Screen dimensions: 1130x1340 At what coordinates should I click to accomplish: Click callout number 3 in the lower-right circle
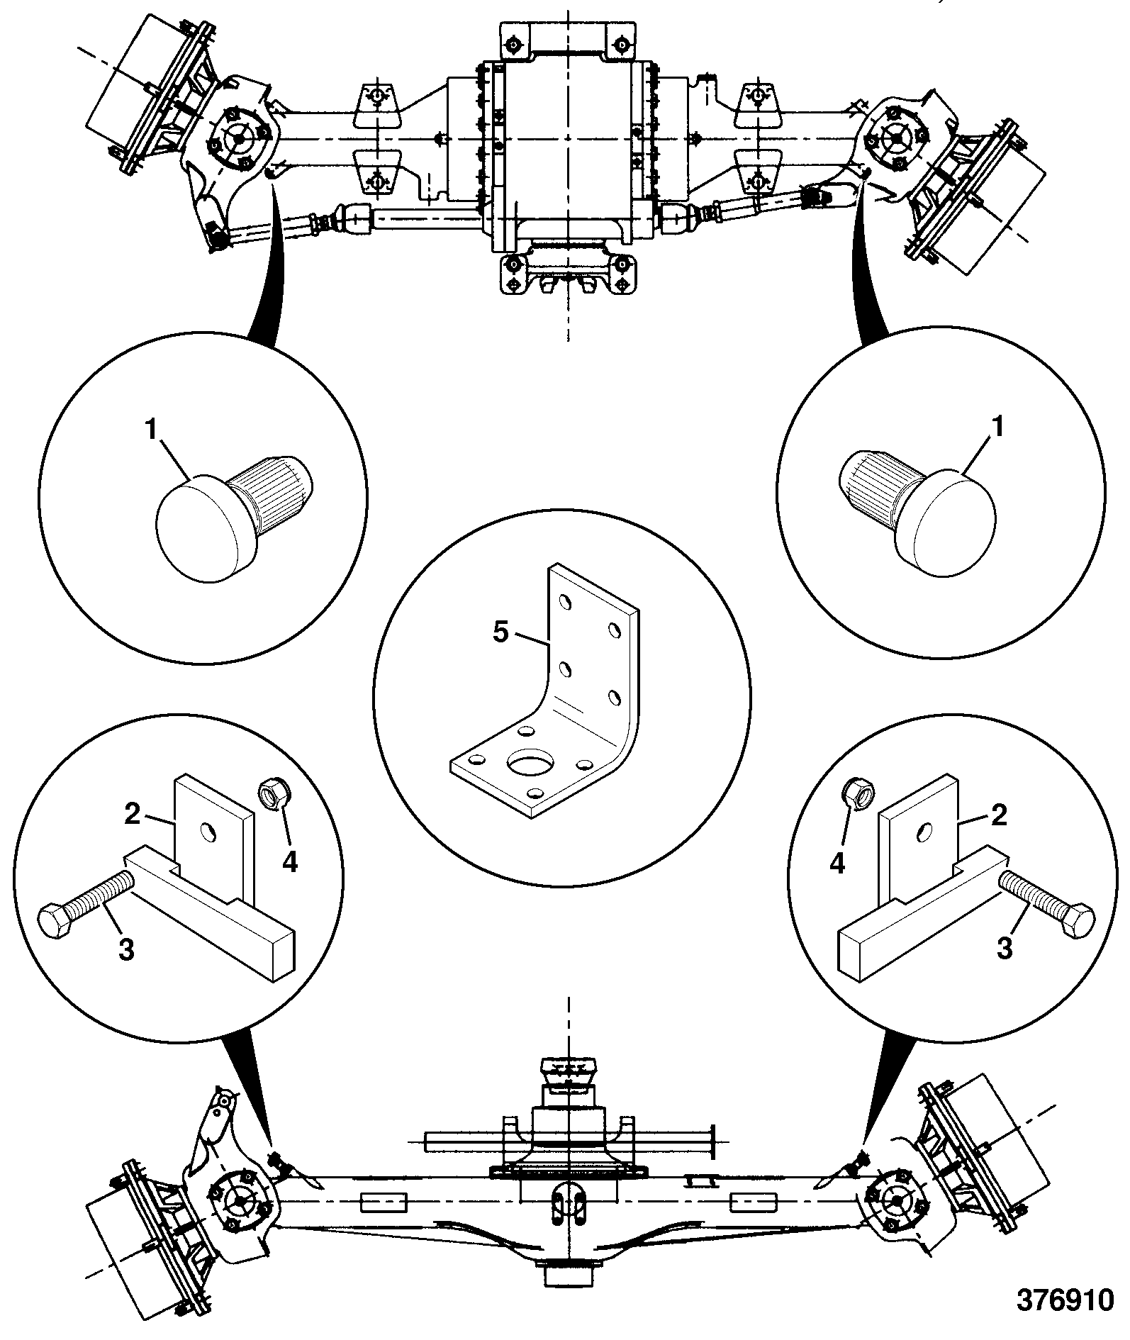[x=1005, y=948]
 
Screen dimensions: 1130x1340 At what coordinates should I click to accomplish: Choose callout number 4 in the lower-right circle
[x=838, y=863]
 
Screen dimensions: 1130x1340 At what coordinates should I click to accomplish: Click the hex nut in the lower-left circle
[x=272, y=792]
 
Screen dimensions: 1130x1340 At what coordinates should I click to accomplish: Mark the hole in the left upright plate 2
[x=208, y=831]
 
